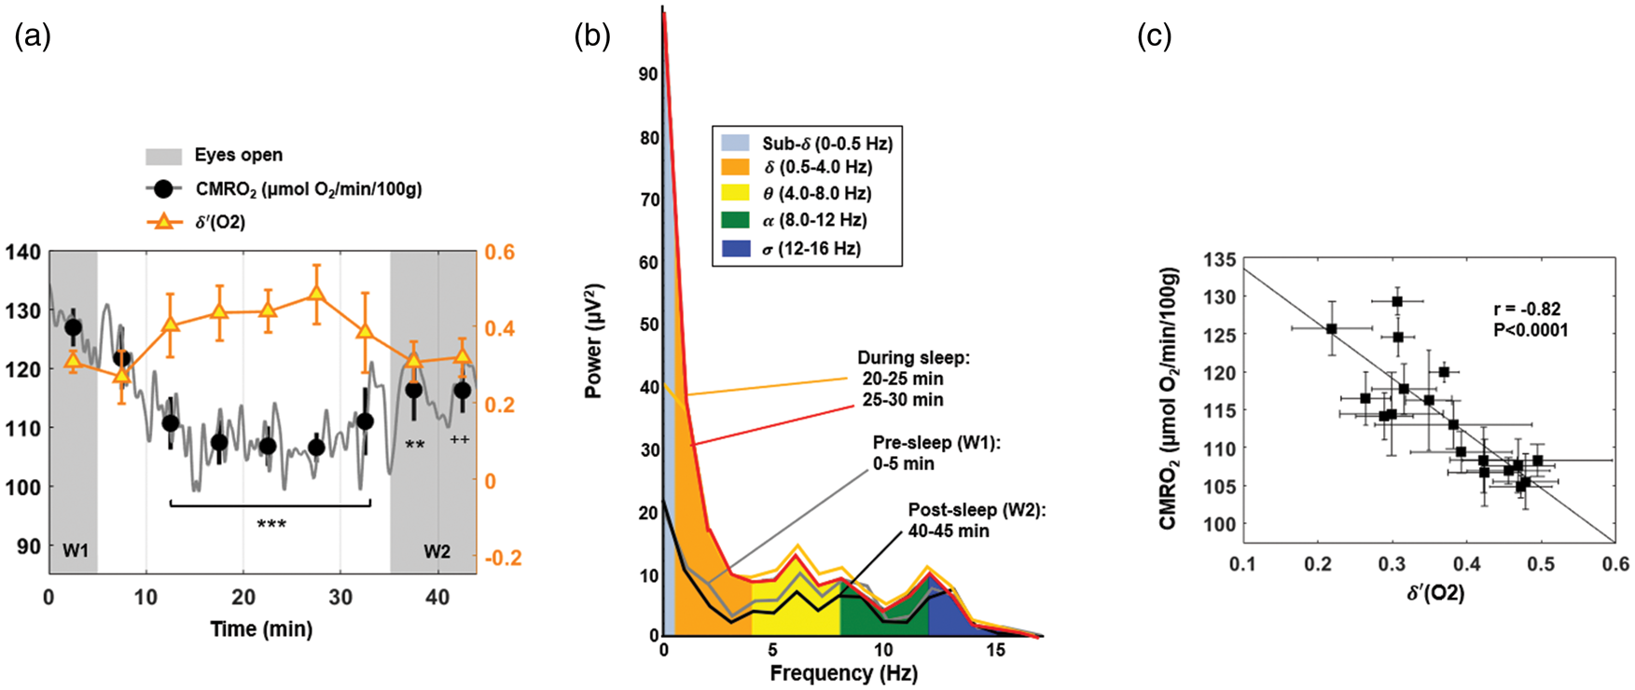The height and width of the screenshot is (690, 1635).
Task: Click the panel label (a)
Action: (x=33, y=36)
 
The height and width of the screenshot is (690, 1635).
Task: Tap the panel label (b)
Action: (x=592, y=36)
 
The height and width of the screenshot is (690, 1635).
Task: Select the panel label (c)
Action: (x=1154, y=36)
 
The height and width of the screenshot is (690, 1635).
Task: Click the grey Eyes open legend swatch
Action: (x=163, y=156)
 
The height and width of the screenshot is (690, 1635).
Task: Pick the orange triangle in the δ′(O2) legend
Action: (x=164, y=222)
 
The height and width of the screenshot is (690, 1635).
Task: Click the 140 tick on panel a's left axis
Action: (x=23, y=252)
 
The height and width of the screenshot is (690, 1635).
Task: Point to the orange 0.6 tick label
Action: (x=499, y=253)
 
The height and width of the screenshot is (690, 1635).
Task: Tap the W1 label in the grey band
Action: (x=76, y=551)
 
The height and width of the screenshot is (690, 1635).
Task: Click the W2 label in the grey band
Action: (x=436, y=551)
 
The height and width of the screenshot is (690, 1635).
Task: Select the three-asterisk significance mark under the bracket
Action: (x=271, y=525)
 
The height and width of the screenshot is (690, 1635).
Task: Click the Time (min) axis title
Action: (x=261, y=629)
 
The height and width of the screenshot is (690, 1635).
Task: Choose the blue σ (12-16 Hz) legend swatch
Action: (x=735, y=249)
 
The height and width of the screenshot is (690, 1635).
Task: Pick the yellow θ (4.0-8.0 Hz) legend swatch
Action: (x=735, y=194)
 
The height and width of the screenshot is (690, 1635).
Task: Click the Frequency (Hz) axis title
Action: (x=843, y=673)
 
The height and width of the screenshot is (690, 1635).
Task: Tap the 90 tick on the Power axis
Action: (x=648, y=75)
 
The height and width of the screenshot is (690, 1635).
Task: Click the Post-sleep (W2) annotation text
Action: (x=977, y=510)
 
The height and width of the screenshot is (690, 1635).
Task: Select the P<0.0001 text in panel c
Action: (x=1531, y=330)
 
